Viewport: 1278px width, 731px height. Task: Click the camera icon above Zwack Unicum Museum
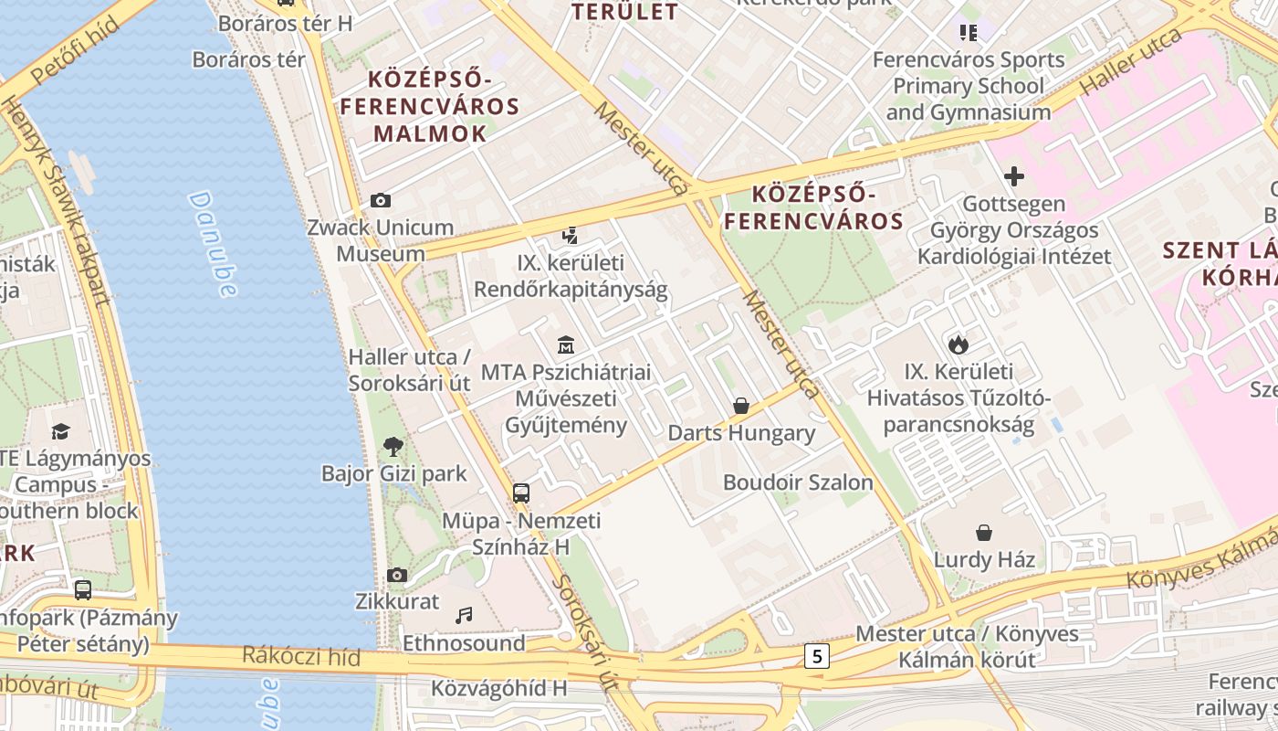pyautogui.click(x=381, y=200)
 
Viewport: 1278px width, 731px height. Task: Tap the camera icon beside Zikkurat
pyautogui.click(x=396, y=575)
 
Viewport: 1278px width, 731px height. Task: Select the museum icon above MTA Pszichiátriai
pyautogui.click(x=566, y=345)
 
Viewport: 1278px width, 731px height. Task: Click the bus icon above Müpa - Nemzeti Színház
pyautogui.click(x=520, y=493)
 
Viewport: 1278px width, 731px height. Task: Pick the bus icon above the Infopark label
pyautogui.click(x=83, y=589)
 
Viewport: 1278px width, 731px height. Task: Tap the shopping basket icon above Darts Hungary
pyautogui.click(x=741, y=405)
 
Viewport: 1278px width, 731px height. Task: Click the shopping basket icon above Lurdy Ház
pyautogui.click(x=984, y=532)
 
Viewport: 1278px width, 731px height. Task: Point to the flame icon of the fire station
pyautogui.click(x=958, y=344)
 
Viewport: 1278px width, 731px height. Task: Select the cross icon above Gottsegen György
pyautogui.click(x=1013, y=176)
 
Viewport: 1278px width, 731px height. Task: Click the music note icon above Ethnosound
pyautogui.click(x=464, y=615)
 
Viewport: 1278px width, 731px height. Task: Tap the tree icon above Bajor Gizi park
pyautogui.click(x=393, y=446)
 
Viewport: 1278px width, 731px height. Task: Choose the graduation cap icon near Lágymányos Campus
pyautogui.click(x=60, y=430)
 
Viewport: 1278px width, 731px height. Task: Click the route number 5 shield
pyautogui.click(x=816, y=655)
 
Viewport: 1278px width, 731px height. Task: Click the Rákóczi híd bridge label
pyautogui.click(x=301, y=656)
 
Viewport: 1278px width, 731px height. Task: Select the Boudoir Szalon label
pyautogui.click(x=798, y=482)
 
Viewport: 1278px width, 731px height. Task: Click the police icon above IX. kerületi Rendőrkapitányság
pyautogui.click(x=571, y=236)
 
